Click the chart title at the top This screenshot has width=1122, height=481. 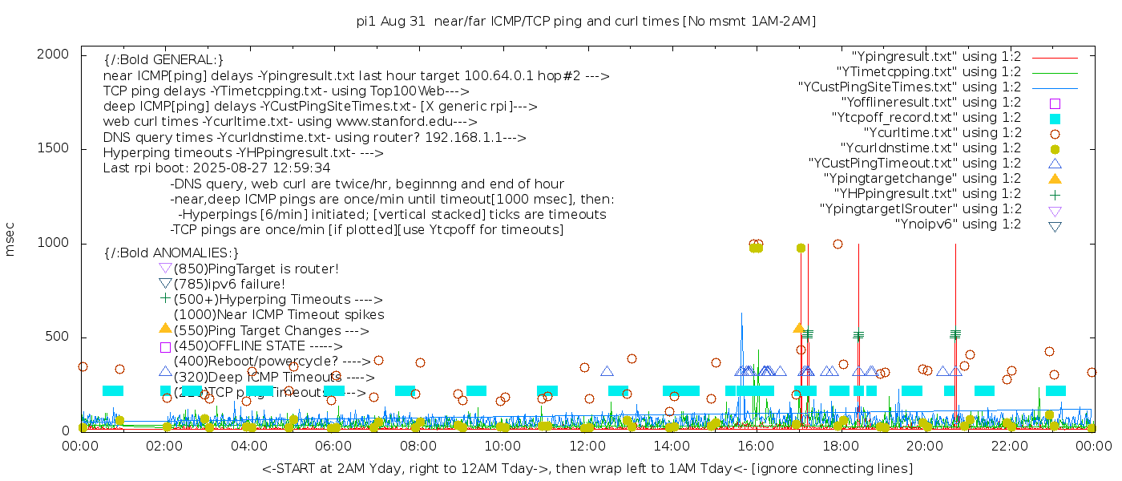click(586, 21)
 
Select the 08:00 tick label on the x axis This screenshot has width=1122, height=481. click(418, 447)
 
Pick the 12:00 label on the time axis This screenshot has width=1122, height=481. click(587, 447)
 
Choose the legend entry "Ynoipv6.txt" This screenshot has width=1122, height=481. click(958, 224)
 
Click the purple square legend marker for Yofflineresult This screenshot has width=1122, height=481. click(1055, 103)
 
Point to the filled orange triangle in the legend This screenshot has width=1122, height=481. click(1055, 178)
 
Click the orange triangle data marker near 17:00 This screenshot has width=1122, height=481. click(798, 328)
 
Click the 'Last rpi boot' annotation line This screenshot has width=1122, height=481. click(216, 168)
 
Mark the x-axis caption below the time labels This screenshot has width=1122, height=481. click(587, 468)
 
